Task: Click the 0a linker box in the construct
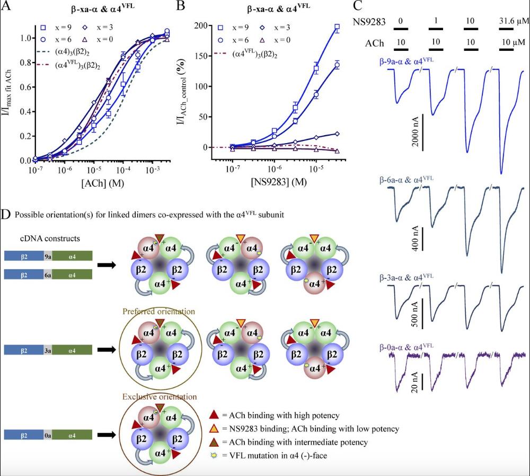click(x=48, y=435)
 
